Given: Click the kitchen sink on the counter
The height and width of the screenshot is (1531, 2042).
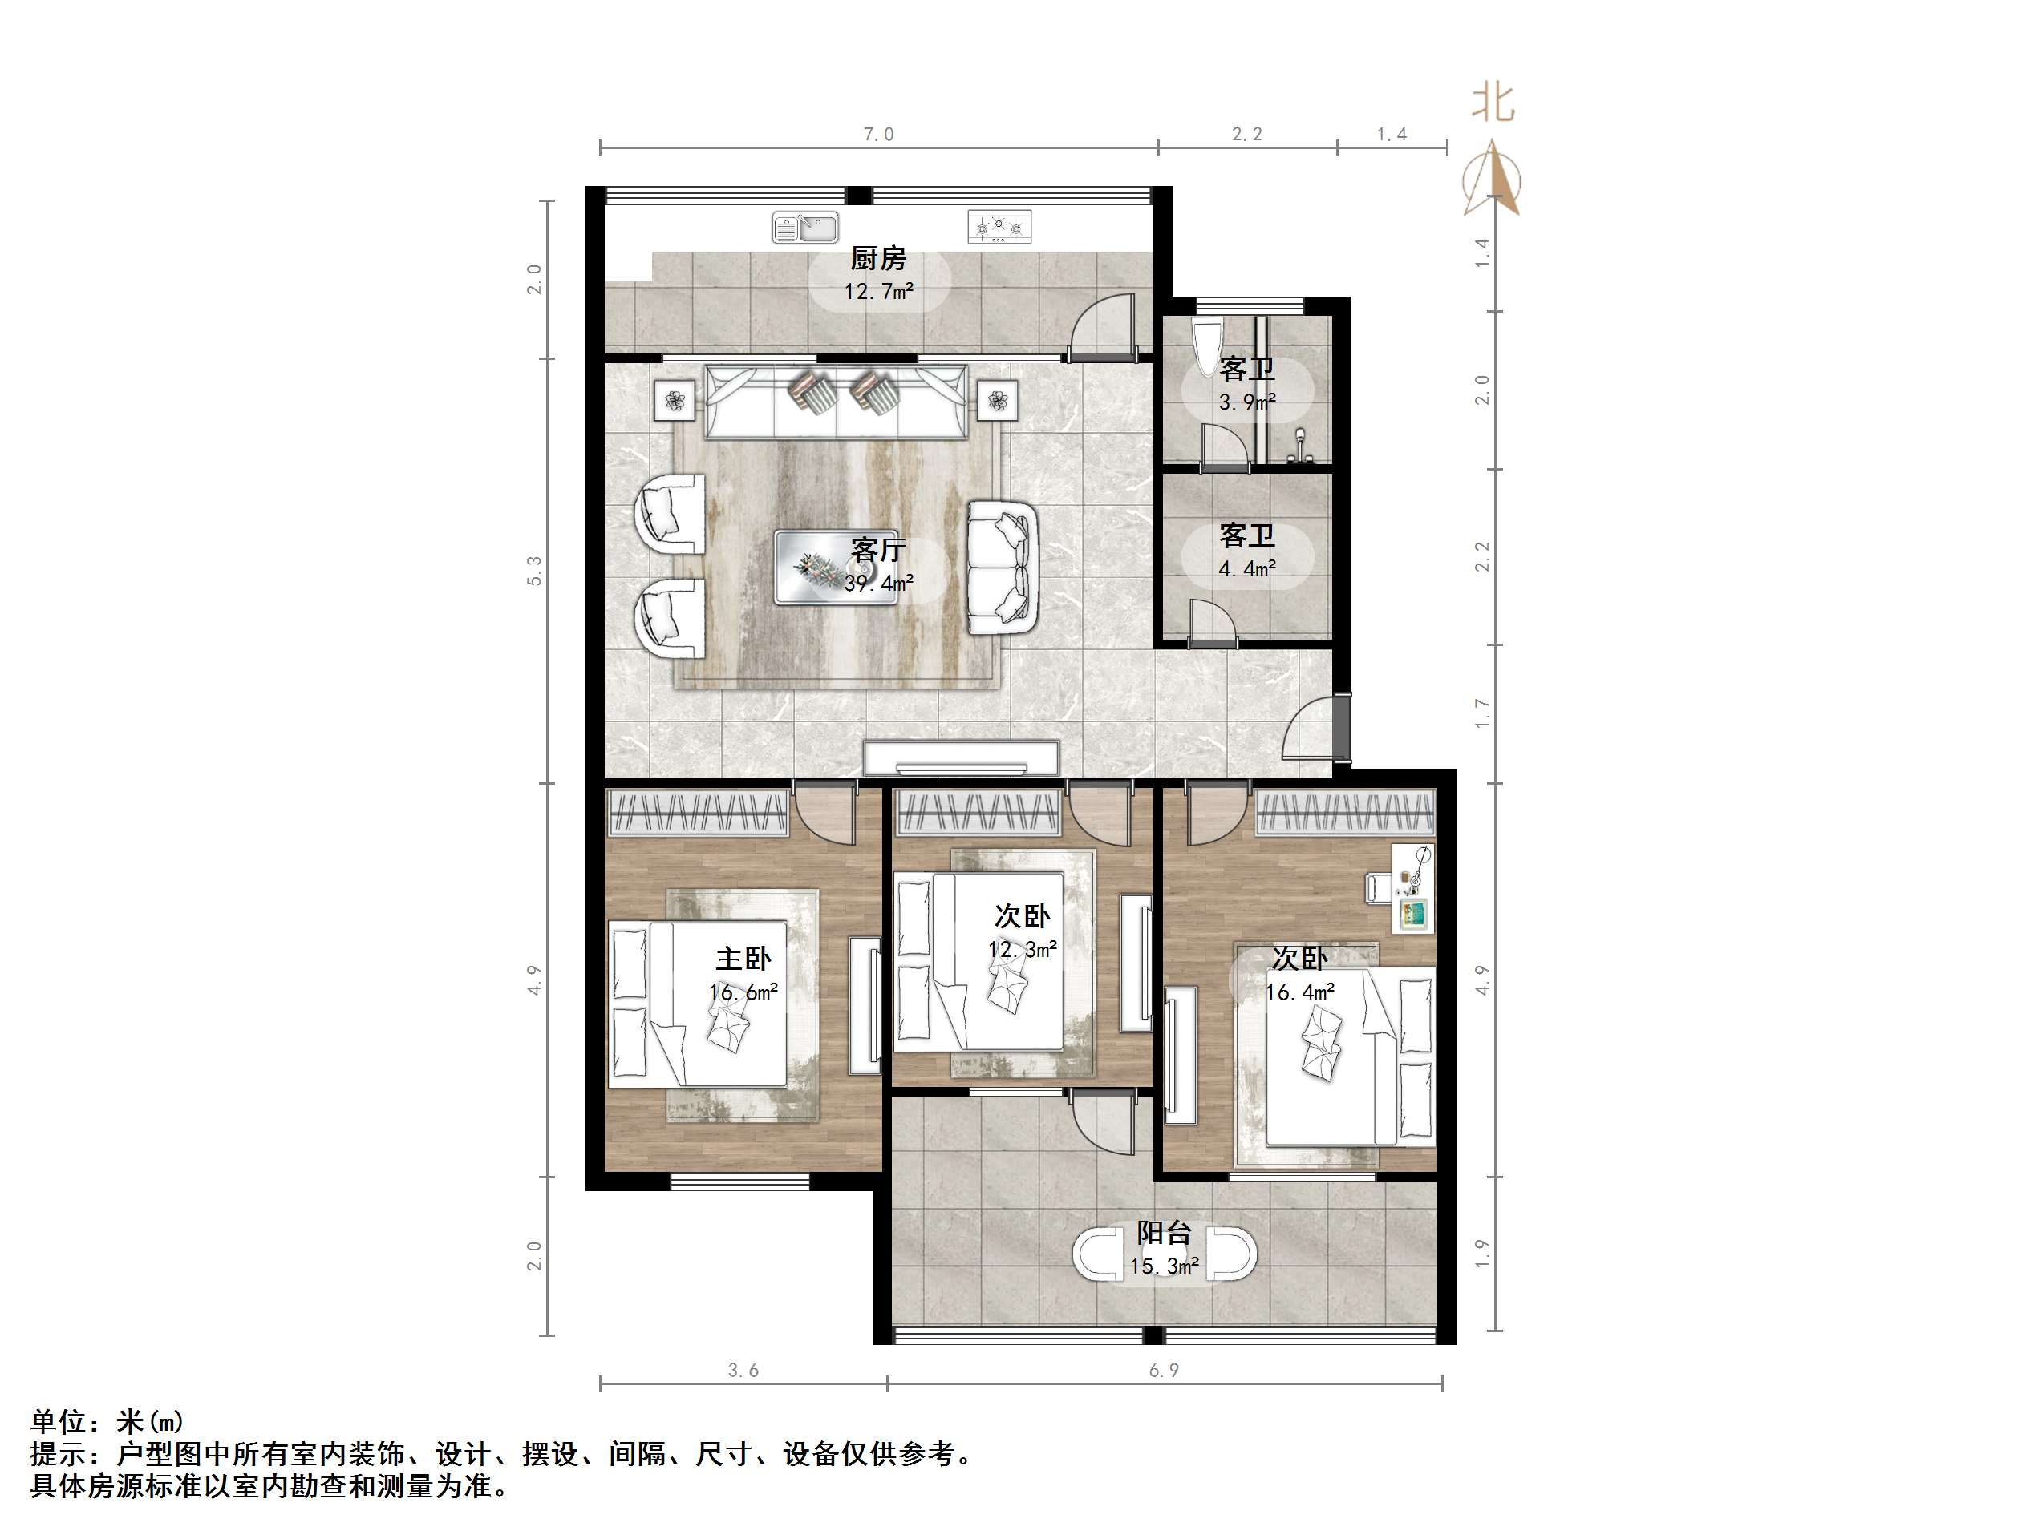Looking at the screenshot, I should [x=805, y=227].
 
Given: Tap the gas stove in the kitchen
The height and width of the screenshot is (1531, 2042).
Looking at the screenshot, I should [x=999, y=227].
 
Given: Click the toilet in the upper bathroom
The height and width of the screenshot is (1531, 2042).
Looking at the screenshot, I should [x=1205, y=348].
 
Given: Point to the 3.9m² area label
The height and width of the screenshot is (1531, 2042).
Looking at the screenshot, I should [x=1246, y=402].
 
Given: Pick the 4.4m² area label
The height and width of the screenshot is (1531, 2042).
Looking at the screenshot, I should [x=1246, y=568].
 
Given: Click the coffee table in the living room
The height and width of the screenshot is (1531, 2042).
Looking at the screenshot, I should [x=836, y=567].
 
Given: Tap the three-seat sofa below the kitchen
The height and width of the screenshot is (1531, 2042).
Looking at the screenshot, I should [x=836, y=402].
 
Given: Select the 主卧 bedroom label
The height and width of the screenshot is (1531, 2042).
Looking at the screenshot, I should [x=743, y=959].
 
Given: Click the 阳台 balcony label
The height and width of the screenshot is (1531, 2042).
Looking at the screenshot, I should [x=1163, y=1233].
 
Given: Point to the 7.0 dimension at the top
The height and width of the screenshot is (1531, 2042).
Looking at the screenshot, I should [x=878, y=135].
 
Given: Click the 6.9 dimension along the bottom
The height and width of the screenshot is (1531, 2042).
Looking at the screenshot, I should [x=1163, y=1371].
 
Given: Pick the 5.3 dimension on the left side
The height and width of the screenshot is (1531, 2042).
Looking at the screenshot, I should [x=534, y=571].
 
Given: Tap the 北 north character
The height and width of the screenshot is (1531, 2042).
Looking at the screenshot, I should [x=1493, y=103].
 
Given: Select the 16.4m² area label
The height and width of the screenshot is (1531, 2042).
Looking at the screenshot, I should [x=1300, y=993].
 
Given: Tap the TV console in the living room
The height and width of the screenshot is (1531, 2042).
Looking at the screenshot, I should [x=961, y=758].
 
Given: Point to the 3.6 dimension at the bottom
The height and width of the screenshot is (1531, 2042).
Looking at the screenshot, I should [x=743, y=1371].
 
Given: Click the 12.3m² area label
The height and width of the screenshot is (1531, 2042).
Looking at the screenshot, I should [x=1022, y=949].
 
